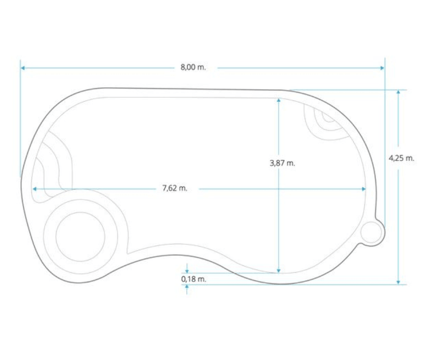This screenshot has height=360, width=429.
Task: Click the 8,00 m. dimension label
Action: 193,67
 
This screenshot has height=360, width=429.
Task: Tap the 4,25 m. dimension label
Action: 401,158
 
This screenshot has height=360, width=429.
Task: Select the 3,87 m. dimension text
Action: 283,163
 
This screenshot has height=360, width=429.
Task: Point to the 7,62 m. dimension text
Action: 175,188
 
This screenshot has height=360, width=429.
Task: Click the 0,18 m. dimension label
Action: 194,279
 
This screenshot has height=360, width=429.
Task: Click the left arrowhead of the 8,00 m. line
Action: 23,68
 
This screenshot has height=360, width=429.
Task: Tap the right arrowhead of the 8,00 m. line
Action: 382,68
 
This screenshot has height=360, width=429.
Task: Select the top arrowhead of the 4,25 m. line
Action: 398,92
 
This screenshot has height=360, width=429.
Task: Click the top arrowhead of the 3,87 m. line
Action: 278,100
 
